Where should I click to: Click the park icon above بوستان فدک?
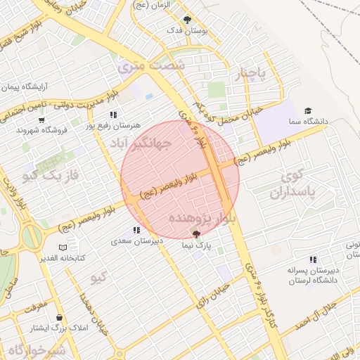point(186,20)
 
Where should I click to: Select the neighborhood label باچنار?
point(253,75)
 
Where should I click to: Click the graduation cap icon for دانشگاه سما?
point(307,111)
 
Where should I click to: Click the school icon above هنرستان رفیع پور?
point(112,115)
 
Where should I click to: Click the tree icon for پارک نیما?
point(196,234)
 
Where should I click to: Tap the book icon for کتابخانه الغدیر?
point(63,247)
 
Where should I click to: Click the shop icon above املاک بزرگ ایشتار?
point(59,317)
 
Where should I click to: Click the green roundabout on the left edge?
point(29,236)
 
